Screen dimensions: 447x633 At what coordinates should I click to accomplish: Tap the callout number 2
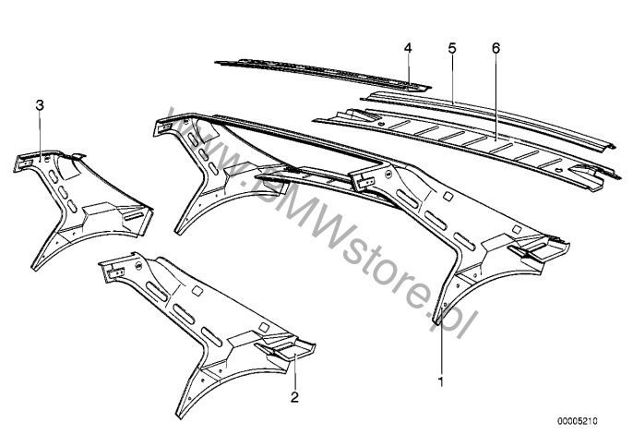coord(293,398)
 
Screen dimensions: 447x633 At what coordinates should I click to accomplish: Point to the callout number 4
coord(407,46)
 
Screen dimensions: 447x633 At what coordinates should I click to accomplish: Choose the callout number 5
coord(451,46)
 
